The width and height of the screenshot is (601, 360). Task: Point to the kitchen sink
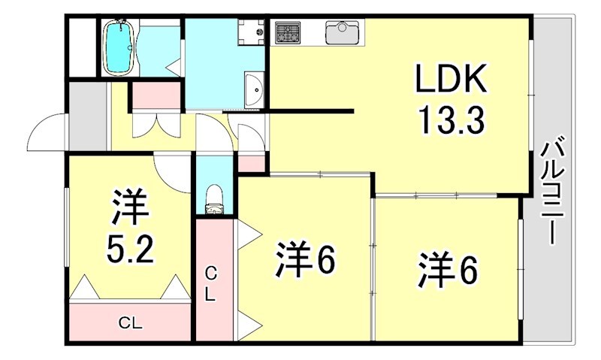(343, 33)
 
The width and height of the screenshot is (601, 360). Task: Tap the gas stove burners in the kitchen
(288, 33)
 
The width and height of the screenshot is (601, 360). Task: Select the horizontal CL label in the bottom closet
(129, 324)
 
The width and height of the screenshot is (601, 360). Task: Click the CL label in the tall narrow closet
(212, 283)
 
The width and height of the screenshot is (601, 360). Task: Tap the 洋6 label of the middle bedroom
(304, 259)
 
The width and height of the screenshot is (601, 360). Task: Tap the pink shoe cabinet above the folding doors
(157, 96)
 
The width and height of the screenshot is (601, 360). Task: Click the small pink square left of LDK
(252, 163)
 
